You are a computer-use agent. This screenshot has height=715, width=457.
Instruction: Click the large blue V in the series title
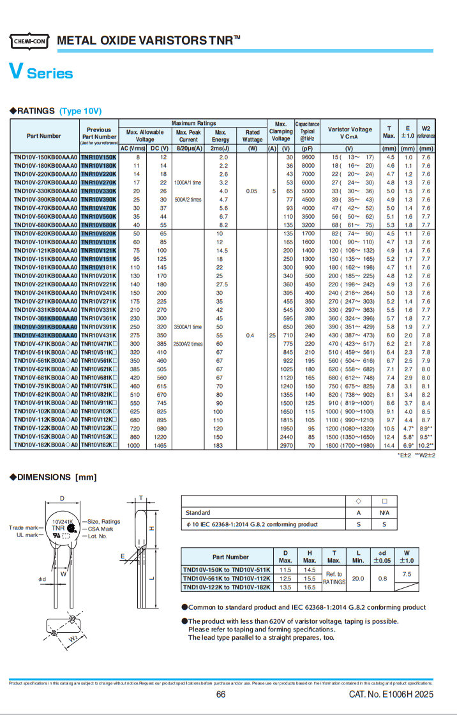tap(17, 72)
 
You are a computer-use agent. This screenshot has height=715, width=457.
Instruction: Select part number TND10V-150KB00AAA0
tap(45, 157)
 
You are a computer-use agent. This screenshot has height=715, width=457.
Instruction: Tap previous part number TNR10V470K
tap(99, 208)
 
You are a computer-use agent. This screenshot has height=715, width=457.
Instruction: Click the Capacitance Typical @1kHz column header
tap(308, 131)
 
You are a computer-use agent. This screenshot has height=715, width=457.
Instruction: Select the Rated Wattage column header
tap(253, 136)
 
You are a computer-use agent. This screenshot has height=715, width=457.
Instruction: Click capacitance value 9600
tap(308, 157)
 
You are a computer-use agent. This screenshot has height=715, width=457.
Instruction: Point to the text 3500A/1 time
tap(188, 326)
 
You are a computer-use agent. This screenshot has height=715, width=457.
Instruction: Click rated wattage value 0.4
tap(250, 335)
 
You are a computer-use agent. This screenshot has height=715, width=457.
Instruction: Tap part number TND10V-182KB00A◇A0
tap(45, 446)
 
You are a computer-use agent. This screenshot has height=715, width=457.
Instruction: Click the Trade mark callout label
tap(23, 527)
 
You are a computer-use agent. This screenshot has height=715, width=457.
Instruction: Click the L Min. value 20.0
tap(358, 579)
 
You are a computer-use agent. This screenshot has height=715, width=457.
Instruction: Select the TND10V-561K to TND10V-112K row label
tap(226, 579)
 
